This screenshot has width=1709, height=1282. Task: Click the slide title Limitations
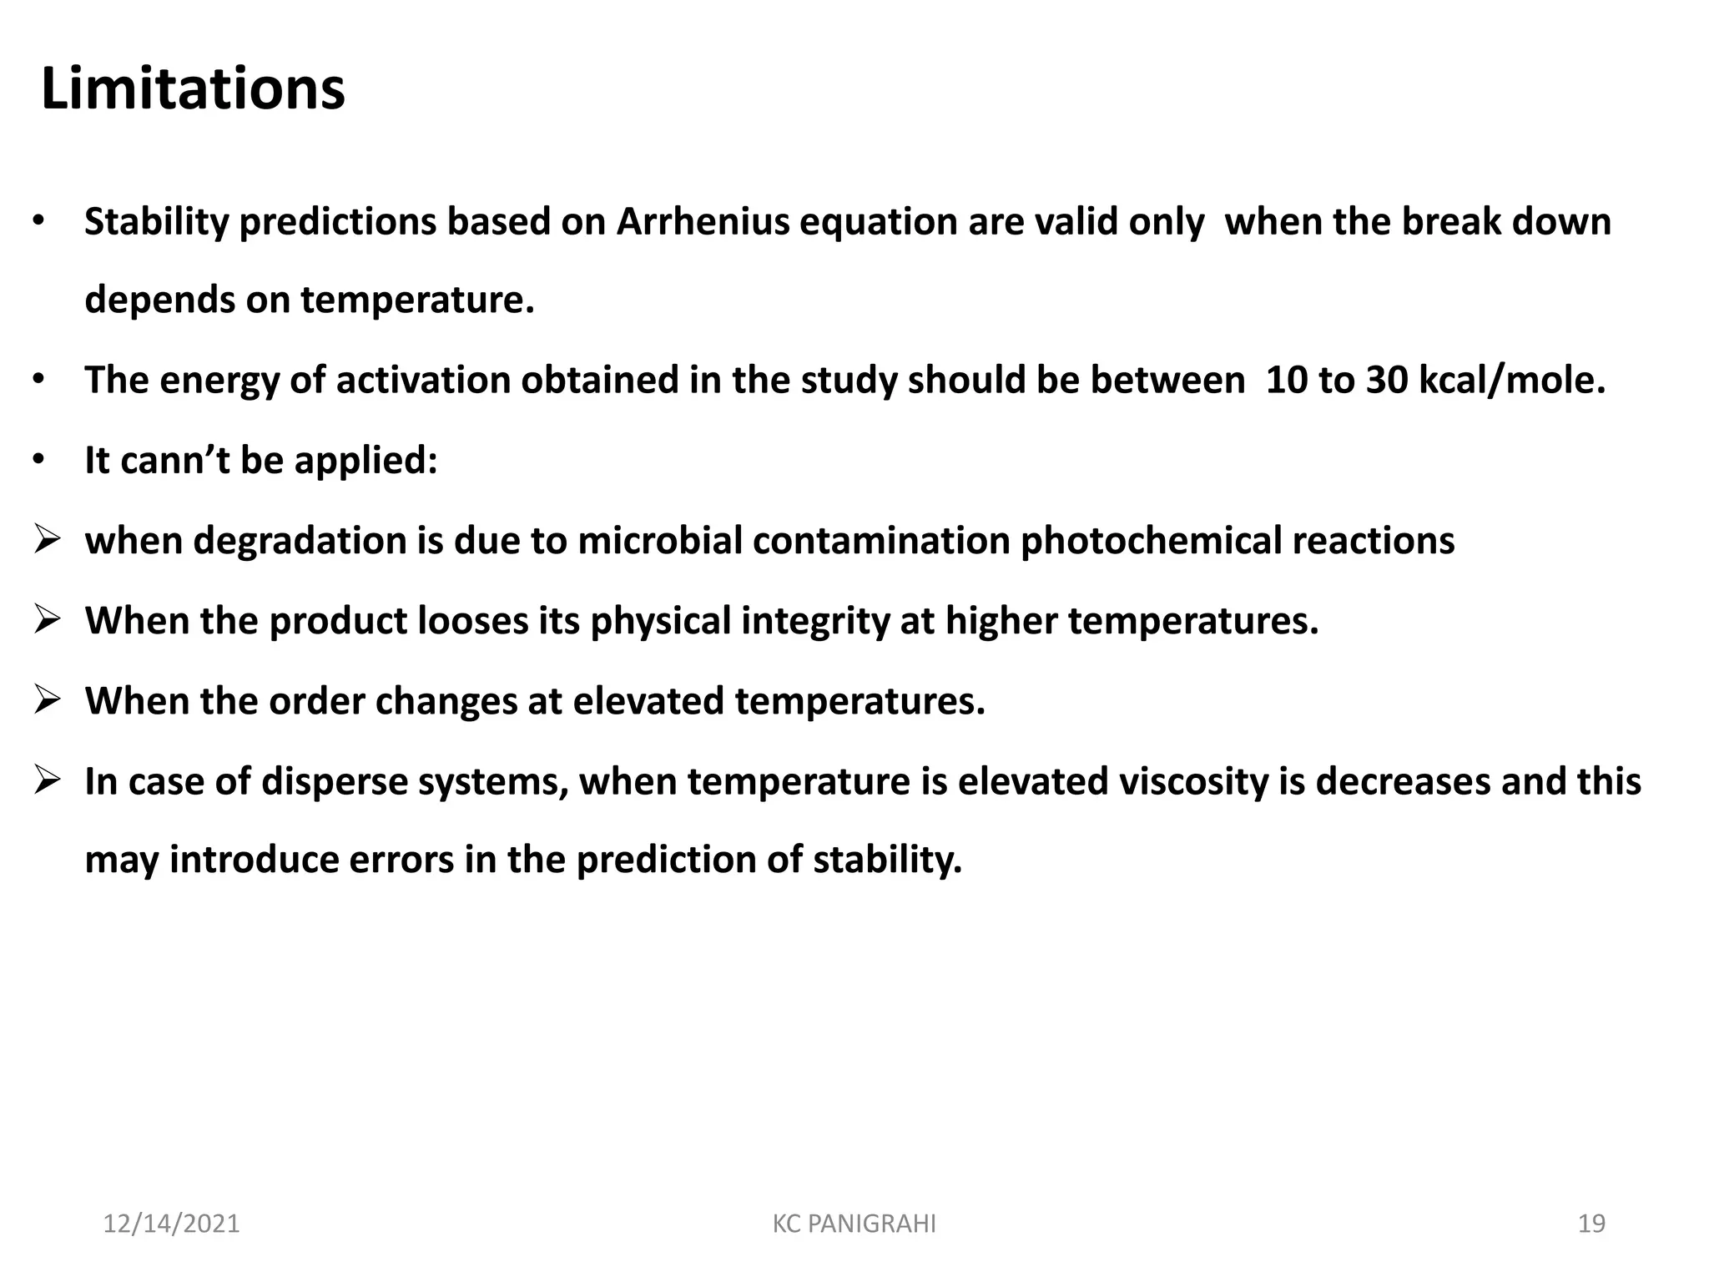click(x=193, y=88)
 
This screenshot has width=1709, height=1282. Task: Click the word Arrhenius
click(x=703, y=222)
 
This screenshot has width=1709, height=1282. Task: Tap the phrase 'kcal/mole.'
click(x=1512, y=381)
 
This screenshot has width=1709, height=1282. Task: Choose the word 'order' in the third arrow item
click(x=317, y=701)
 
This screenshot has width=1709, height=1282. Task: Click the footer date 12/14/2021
click(x=171, y=1224)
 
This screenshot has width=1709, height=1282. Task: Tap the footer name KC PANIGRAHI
click(x=854, y=1224)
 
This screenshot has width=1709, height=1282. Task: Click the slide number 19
click(x=1591, y=1224)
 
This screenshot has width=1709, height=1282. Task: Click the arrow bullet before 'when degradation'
click(x=47, y=540)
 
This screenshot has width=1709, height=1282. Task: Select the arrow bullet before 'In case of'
click(x=47, y=780)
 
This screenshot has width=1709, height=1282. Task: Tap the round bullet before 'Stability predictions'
click(x=38, y=222)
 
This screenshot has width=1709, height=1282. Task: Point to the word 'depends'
click(x=159, y=300)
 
